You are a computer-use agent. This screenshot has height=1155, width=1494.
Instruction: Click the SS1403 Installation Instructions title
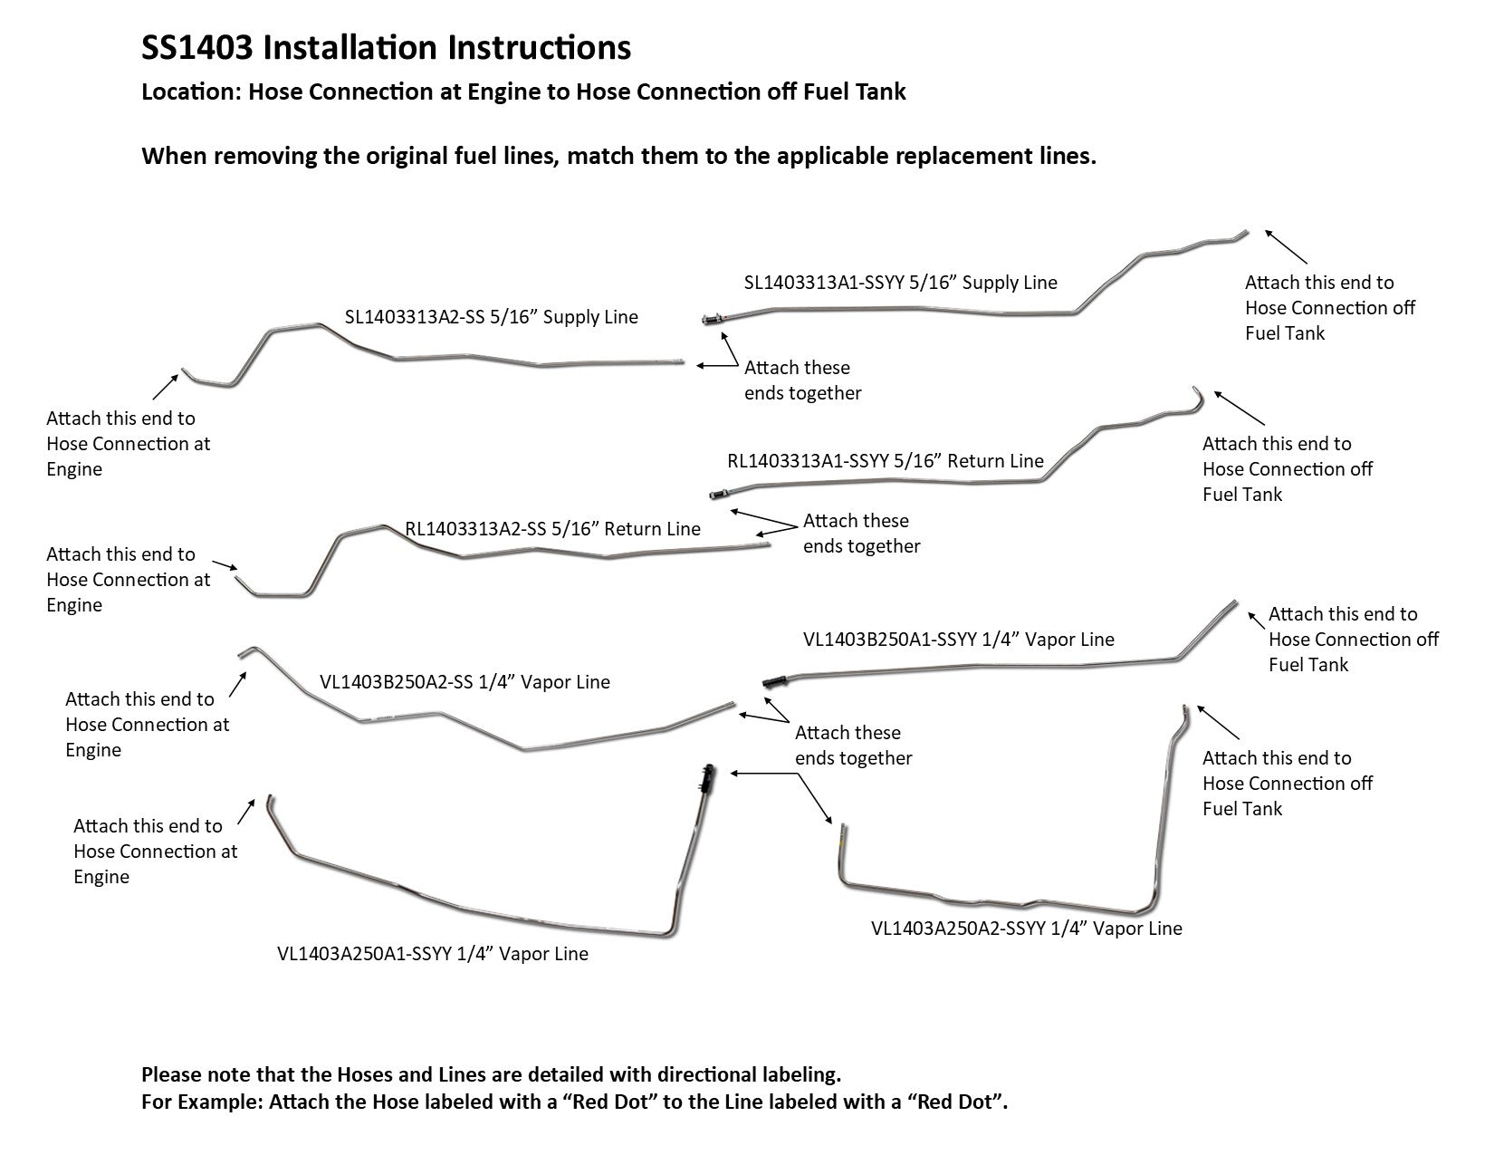tap(387, 48)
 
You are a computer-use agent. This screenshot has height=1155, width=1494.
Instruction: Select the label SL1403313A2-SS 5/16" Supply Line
tap(492, 317)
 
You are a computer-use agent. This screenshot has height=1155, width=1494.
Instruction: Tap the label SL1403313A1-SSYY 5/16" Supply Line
tap(900, 283)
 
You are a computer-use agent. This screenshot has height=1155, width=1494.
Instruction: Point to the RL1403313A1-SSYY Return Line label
tap(886, 461)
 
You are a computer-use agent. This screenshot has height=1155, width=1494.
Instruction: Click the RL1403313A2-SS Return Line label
tap(553, 529)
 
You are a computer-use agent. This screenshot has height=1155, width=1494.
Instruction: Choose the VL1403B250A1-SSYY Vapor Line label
tap(958, 640)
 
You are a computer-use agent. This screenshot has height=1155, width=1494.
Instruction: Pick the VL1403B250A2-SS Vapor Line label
tap(464, 682)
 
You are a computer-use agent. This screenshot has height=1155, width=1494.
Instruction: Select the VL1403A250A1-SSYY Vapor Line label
tap(432, 954)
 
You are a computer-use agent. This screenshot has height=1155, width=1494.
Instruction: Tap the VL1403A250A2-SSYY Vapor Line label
tap(1026, 929)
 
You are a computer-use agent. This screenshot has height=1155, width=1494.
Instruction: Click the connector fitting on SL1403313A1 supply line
tap(712, 319)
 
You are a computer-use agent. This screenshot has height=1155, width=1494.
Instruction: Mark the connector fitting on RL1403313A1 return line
tap(717, 495)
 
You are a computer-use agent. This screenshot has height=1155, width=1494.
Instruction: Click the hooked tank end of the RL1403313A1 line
tap(1198, 395)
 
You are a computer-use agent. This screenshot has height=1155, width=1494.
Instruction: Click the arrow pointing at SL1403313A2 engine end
tap(164, 387)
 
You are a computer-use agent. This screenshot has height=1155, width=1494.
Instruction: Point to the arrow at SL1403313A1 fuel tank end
tap(1286, 245)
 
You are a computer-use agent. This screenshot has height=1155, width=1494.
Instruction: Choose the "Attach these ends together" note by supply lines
tap(802, 380)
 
